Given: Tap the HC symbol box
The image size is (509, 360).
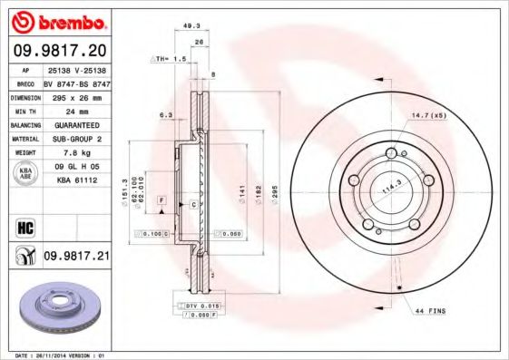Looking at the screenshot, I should tap(24, 226).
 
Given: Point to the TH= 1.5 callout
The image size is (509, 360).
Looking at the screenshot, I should tap(167, 58).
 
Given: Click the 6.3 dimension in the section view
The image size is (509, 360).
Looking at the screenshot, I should tap(165, 115).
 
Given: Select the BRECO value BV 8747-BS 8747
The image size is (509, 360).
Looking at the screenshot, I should tap(75, 81).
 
